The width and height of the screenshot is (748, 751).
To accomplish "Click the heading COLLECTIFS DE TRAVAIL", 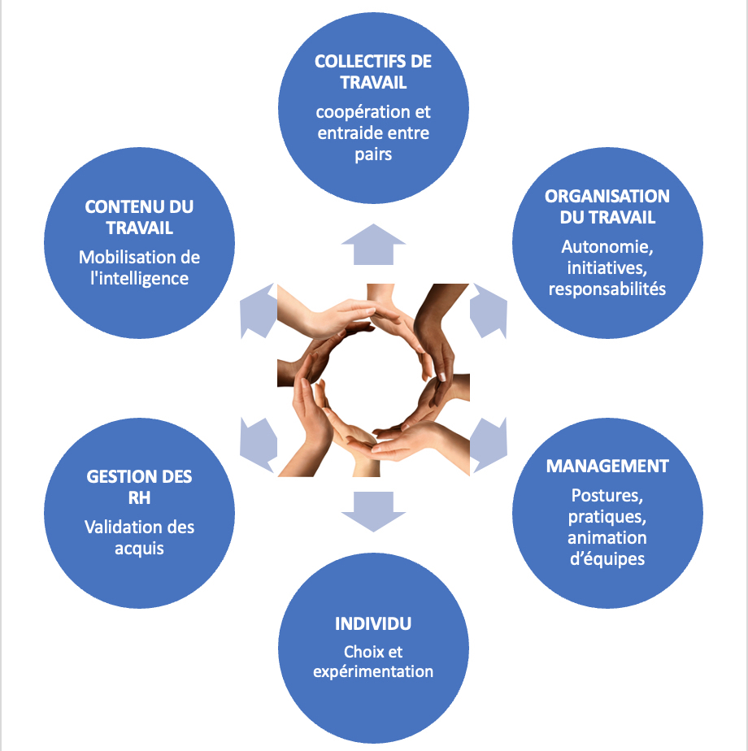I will (x=373, y=72).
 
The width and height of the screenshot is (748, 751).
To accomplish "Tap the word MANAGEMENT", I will (x=607, y=466).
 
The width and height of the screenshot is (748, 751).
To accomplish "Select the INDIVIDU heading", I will (x=373, y=623).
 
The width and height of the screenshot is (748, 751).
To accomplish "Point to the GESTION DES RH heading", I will (x=140, y=486).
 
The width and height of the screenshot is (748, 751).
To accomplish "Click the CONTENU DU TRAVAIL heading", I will (x=140, y=217).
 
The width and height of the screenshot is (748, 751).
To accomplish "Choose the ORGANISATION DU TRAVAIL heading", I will (x=607, y=206).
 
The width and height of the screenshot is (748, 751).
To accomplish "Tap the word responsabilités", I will (x=607, y=289).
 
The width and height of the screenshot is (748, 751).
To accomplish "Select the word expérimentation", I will (x=373, y=671).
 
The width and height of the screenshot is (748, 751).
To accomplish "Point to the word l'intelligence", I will (x=140, y=278).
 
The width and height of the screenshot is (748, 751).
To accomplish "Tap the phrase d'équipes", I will (x=607, y=558).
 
